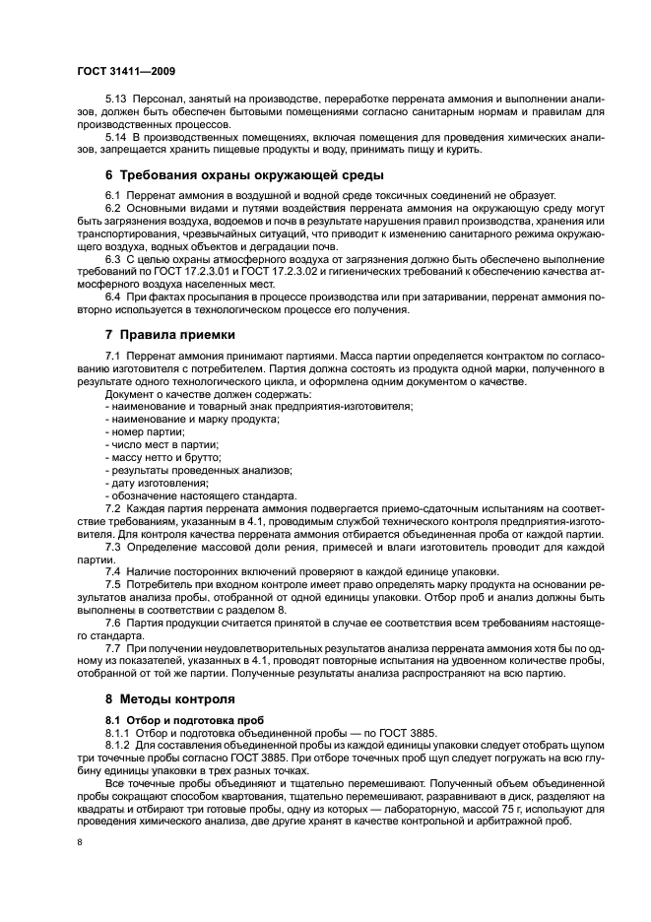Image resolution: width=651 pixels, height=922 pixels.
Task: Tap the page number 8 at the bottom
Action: (79, 842)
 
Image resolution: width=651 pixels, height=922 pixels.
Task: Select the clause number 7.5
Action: (113, 584)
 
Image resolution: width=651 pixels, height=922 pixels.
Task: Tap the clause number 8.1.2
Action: (119, 746)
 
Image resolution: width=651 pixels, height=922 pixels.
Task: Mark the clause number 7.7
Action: (113, 648)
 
